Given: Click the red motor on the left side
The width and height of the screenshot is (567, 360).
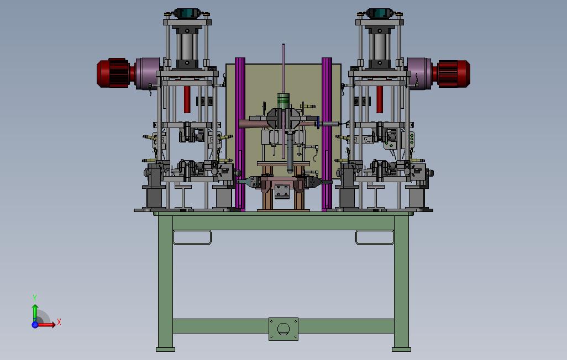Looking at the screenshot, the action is pos(113,73).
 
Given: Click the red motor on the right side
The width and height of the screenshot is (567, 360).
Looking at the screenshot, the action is pos(454,74).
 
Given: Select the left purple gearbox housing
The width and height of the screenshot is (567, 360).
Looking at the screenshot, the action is pos(148,73).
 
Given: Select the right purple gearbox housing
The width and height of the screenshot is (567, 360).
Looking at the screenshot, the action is pos(419,73).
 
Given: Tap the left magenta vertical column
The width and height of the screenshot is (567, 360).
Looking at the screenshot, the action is pos(240,134).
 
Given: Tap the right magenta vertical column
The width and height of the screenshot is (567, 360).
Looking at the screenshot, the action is pos(327,134).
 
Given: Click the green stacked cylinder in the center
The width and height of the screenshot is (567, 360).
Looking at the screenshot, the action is pos(284,101).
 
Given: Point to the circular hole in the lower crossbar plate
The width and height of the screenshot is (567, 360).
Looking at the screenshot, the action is pos(283,329).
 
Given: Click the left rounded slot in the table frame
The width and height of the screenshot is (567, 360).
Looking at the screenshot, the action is pos(192,237).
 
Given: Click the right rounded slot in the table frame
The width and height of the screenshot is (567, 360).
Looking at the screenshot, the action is pos(375,237).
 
